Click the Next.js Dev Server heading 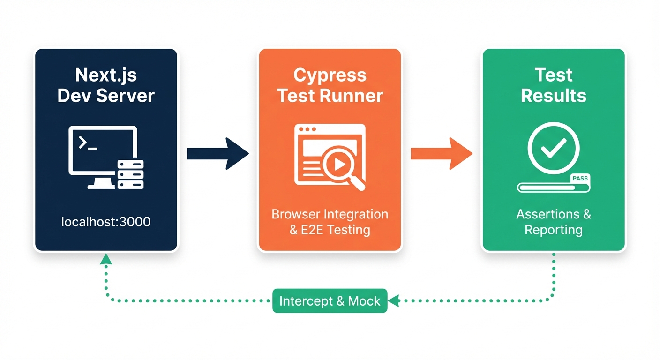coord(106,85)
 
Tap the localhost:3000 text coord(106,221)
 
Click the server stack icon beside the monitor coord(131,174)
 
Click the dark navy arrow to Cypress coord(217,153)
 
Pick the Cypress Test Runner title coord(330,85)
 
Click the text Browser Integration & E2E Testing coord(330,222)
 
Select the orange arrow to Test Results coord(441,153)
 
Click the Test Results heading coord(554,85)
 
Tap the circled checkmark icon coord(554,148)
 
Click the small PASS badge coord(580,179)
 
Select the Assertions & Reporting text coord(554,222)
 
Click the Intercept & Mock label coord(330,301)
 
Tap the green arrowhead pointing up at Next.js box coord(106,258)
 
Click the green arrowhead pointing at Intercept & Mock coord(393,301)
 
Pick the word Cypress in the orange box coord(330,75)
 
